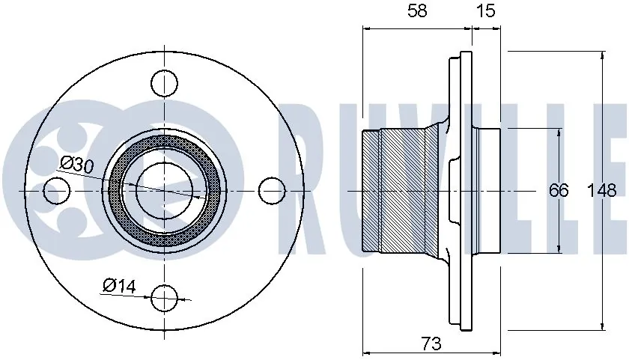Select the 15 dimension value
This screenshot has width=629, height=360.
[x=486, y=11]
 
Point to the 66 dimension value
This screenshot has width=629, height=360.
[x=559, y=190]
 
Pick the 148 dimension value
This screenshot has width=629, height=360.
[x=603, y=190]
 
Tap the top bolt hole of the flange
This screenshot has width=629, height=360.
[x=164, y=82]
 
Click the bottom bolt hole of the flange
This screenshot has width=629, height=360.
[x=164, y=299]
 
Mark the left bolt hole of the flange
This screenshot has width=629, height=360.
[x=56, y=191]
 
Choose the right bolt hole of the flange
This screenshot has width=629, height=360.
[x=272, y=191]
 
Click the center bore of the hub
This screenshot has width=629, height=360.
[x=164, y=191]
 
